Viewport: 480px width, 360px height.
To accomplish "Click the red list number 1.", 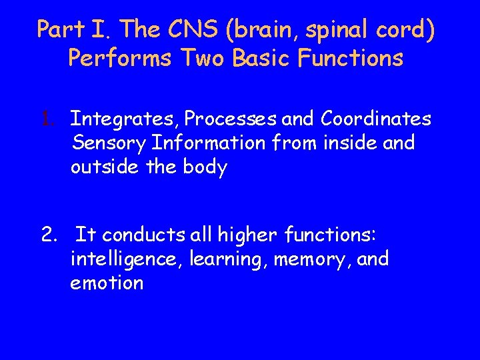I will (46, 119).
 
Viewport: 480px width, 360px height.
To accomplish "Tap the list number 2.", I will (48, 235).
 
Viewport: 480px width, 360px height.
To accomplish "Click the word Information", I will (209, 143).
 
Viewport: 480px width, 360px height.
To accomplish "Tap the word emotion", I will (107, 283).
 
